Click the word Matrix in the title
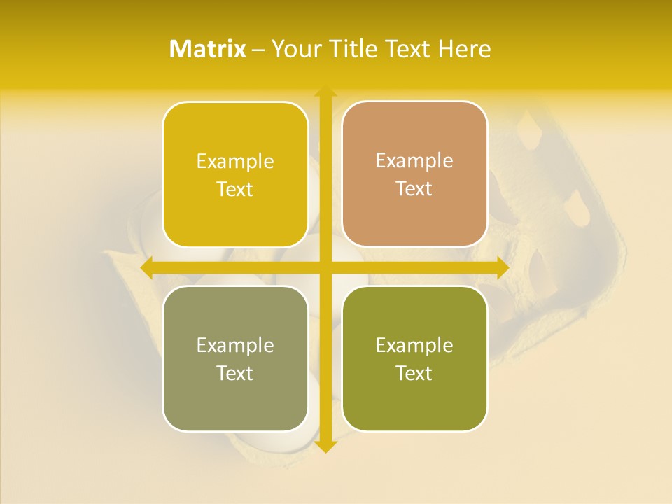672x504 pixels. click(x=208, y=49)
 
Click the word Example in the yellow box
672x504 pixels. click(x=235, y=162)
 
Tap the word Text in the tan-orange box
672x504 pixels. click(x=414, y=189)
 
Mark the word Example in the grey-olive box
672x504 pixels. click(x=235, y=346)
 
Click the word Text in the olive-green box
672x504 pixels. click(x=414, y=374)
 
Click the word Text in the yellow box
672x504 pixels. click(x=235, y=190)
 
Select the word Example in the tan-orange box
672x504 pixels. click(x=414, y=161)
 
